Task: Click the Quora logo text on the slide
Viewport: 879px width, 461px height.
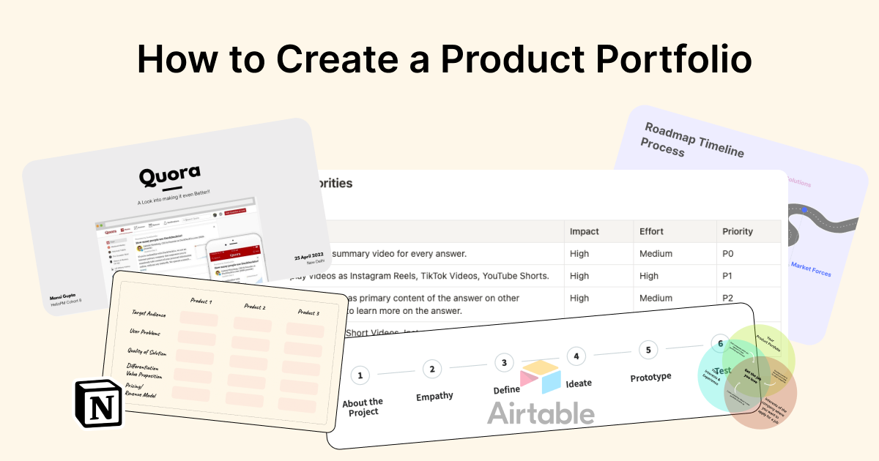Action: (170, 176)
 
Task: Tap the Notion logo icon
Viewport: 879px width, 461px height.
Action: (99, 403)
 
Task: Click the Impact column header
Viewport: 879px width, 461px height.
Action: (585, 231)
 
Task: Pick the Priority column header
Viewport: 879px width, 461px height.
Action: (738, 231)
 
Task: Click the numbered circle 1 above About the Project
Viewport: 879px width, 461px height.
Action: (359, 375)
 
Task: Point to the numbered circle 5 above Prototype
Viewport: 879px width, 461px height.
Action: (648, 350)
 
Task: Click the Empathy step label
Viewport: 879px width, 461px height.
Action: (434, 396)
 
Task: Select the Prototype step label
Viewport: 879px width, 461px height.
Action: (650, 378)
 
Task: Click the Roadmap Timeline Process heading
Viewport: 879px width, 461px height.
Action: (692, 141)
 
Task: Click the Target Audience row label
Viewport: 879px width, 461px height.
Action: (149, 314)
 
